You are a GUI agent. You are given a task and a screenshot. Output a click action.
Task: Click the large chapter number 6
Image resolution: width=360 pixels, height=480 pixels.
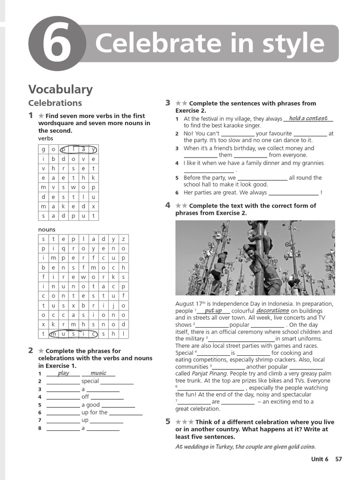(57, 44)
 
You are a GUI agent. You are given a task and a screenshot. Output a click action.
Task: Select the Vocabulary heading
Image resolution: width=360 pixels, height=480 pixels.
(60, 89)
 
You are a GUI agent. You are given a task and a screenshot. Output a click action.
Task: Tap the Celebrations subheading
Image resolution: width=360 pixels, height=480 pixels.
(55, 103)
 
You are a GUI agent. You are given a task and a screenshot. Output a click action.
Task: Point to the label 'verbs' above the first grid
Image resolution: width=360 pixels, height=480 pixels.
(45, 139)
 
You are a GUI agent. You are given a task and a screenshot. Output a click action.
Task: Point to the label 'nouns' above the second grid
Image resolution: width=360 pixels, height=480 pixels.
(46, 230)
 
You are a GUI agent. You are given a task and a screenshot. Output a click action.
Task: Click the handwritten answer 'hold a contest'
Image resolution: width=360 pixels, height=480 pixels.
(308, 119)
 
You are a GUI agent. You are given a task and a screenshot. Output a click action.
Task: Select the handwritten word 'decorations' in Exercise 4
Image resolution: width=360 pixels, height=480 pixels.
(273, 311)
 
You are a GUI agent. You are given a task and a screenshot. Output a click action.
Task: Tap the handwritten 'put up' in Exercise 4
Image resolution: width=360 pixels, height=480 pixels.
(213, 311)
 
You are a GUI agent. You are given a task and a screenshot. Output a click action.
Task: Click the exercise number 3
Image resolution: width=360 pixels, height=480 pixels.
(167, 103)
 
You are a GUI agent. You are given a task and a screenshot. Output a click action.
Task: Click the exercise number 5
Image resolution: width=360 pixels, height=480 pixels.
(167, 421)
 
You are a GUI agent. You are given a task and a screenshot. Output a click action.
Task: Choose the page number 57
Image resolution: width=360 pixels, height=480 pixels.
(338, 459)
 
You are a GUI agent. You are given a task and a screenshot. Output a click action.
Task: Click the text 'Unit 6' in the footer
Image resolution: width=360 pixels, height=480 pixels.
(320, 459)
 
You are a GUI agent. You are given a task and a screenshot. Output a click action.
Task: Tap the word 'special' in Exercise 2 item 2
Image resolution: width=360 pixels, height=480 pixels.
(90, 382)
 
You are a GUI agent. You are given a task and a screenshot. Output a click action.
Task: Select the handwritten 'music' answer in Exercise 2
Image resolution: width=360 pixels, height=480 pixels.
(98, 373)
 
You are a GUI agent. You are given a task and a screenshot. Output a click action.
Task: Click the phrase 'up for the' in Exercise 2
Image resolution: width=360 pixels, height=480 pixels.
(95, 412)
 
